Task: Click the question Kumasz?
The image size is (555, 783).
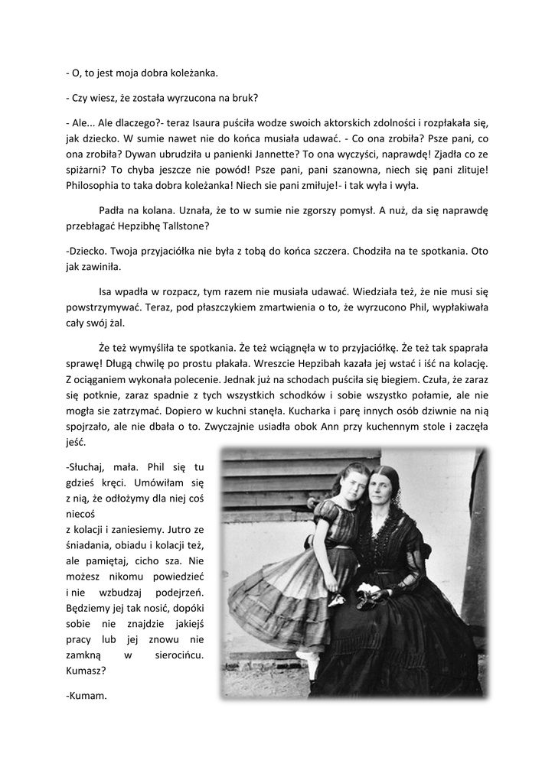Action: point(87,671)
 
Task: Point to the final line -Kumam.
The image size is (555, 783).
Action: point(87,697)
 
